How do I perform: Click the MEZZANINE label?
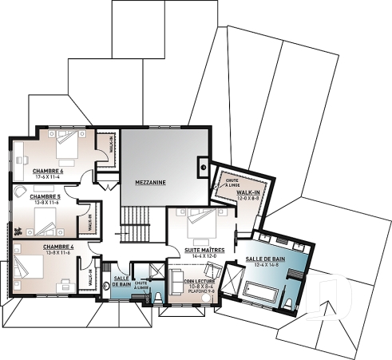(149, 182)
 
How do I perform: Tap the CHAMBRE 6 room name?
(48, 171)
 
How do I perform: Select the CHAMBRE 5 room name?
(45, 196)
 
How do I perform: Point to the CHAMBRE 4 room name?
(58, 247)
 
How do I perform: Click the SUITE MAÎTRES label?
(205, 250)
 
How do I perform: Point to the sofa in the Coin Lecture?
(177, 283)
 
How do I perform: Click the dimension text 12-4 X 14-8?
(267, 266)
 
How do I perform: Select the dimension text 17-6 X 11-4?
(49, 176)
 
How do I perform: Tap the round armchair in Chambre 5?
(18, 194)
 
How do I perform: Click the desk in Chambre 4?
(69, 283)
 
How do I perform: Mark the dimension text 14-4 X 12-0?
(205, 256)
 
